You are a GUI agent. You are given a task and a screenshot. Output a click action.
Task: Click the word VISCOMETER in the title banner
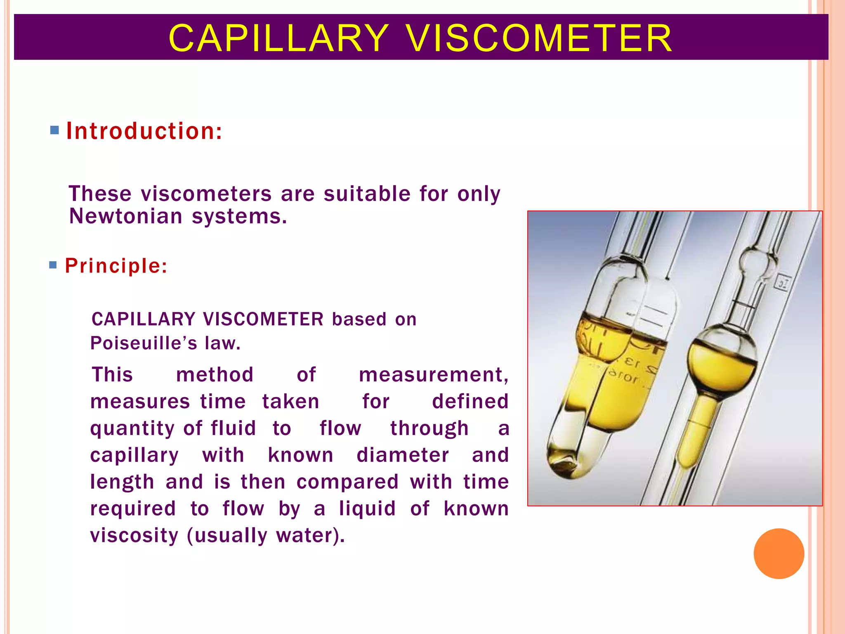click(x=539, y=38)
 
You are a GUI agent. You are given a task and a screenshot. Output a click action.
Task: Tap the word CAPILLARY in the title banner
click(x=279, y=38)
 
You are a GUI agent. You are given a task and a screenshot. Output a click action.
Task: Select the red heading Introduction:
click(x=144, y=131)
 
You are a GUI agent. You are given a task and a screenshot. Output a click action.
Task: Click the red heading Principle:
click(x=116, y=266)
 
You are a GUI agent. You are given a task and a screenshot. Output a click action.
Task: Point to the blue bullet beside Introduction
click(x=54, y=131)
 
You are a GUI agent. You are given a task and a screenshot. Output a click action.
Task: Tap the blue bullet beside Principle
click(x=53, y=265)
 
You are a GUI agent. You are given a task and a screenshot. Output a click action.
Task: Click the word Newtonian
click(x=125, y=216)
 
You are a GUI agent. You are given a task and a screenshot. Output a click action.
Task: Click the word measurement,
click(x=433, y=375)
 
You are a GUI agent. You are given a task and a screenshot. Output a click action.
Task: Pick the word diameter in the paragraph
click(x=403, y=455)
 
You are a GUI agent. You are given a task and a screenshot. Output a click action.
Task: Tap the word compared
click(x=347, y=482)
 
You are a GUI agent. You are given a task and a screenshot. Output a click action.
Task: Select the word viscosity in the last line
click(x=134, y=535)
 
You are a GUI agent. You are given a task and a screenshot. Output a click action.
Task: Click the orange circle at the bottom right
click(x=779, y=554)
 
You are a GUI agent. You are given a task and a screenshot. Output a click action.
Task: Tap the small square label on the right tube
click(x=783, y=283)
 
